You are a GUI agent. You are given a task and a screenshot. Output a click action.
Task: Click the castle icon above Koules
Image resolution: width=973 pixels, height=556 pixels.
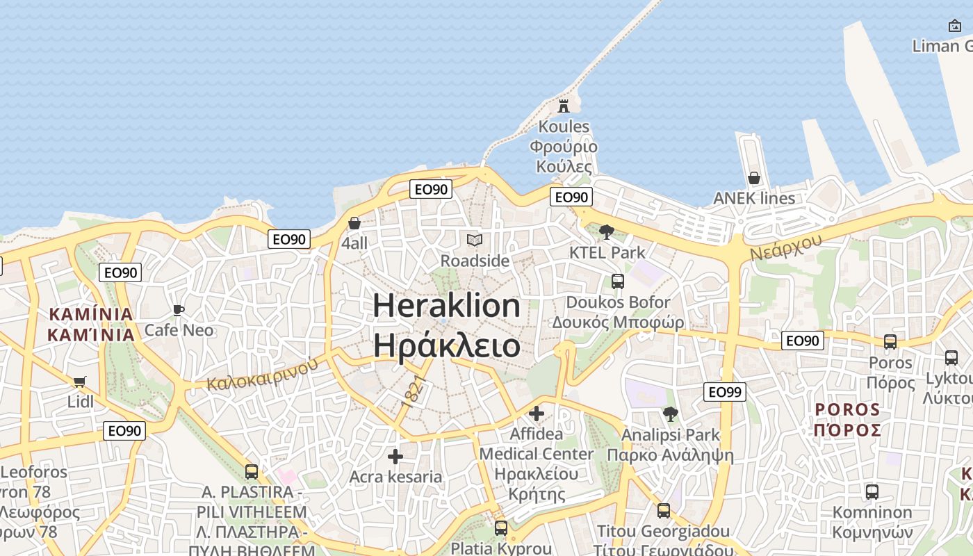point(564,106)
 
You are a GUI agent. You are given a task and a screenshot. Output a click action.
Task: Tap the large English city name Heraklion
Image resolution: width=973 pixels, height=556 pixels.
point(446,306)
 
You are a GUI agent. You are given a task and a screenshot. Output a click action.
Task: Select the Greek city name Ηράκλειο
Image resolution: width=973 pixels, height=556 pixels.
point(446,345)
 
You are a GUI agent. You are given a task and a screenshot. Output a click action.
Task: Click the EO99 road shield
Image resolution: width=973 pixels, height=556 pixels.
point(725,392)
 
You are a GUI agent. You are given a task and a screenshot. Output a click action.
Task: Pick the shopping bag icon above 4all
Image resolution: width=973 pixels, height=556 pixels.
point(354,223)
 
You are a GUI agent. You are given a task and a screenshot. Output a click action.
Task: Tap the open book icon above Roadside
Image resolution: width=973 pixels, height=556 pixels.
point(475,240)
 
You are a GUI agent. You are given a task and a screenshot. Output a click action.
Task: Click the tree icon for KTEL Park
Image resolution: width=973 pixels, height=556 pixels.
point(607,232)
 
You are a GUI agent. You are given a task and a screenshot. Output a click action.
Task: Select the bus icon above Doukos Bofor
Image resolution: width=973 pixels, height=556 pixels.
point(617,281)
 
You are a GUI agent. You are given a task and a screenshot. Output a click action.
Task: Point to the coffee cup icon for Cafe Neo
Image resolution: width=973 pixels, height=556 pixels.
point(179,310)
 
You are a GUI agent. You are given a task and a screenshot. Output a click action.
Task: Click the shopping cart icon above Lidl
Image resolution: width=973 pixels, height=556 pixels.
point(79,382)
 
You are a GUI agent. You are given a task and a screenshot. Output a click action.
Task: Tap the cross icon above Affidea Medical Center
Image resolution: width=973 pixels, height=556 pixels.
point(537,414)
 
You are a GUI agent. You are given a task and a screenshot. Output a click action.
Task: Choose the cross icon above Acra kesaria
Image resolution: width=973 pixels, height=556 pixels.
point(395,457)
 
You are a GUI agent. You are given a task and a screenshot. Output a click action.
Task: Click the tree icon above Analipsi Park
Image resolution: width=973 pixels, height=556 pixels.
point(670,415)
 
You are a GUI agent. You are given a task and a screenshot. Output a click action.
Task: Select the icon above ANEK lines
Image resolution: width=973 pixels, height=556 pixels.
point(754,179)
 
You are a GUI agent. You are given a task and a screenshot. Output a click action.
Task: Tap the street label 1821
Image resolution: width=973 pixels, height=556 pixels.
point(413,391)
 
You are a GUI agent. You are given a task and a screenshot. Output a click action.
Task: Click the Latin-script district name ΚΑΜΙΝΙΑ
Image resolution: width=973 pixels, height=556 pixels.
point(91,314)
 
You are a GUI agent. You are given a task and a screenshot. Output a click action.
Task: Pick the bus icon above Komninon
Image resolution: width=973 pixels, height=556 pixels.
point(872,492)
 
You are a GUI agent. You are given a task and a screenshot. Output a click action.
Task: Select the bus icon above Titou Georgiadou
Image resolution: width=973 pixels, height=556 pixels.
point(664,511)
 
